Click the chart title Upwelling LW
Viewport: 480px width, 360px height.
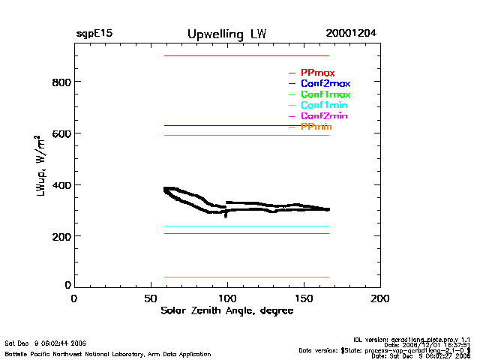[226, 34]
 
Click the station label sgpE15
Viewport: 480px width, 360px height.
[94, 34]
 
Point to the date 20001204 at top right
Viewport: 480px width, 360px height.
[351, 34]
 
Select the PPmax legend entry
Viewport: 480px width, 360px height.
[317, 73]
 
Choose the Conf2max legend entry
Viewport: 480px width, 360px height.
[325, 83]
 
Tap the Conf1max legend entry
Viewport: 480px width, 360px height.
[325, 94]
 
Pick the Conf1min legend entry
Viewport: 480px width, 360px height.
[324, 106]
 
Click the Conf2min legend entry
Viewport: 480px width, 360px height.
[324, 116]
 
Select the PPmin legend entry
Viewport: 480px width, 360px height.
[316, 127]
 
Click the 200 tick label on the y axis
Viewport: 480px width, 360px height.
[61, 236]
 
